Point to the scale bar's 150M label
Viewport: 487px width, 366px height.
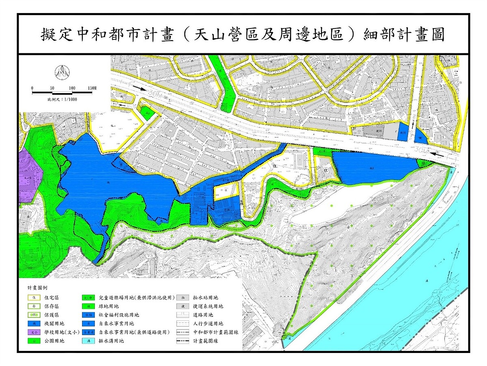click(92, 88)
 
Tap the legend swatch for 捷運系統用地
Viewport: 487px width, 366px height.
click(183, 306)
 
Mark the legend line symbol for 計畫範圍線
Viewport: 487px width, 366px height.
click(183, 341)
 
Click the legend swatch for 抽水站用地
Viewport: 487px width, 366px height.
click(183, 298)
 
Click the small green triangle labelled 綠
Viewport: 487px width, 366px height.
click(424, 163)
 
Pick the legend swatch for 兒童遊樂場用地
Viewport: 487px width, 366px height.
click(88, 298)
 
